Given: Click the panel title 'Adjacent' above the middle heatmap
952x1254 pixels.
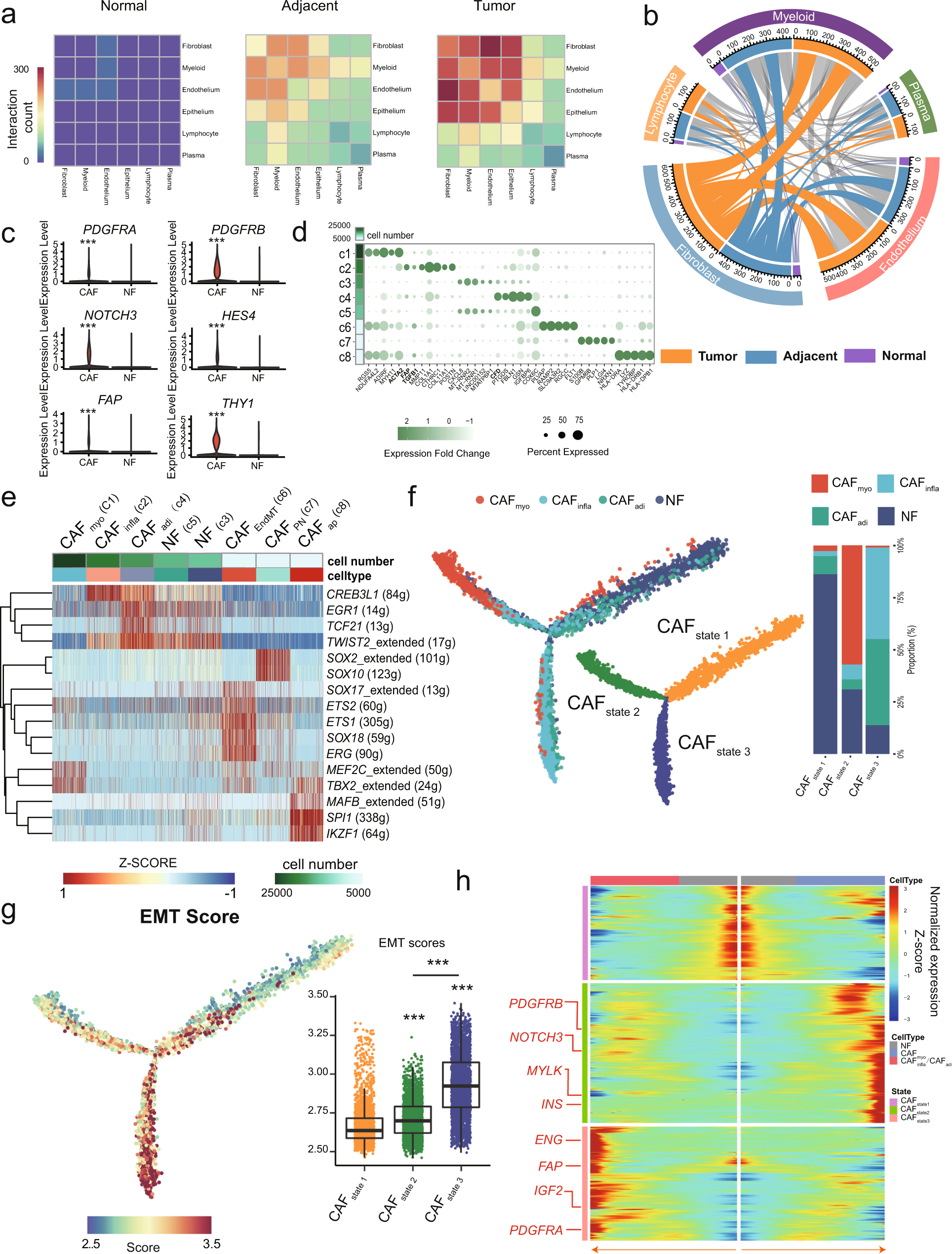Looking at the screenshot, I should click(x=309, y=6).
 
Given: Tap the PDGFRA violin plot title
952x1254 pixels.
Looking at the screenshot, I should click(x=110, y=229).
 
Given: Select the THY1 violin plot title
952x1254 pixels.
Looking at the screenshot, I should click(x=238, y=403).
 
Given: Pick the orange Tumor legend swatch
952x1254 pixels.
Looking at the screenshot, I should click(x=675, y=356).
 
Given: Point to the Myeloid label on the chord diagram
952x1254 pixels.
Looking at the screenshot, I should click(x=793, y=16).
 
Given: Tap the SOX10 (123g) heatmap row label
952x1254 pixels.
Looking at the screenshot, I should click(x=363, y=674).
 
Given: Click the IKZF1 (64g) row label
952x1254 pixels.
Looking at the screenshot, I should click(x=357, y=833).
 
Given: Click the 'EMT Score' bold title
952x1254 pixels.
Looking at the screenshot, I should click(x=190, y=917).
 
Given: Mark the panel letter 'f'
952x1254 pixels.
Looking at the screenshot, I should click(x=412, y=497).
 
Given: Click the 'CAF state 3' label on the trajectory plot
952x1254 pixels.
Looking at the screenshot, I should click(x=713, y=745).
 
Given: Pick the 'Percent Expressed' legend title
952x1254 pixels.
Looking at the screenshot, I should click(x=567, y=452).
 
